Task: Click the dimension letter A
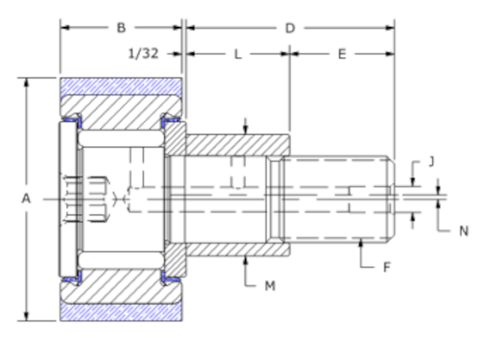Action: click(26, 199)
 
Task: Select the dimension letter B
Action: click(121, 28)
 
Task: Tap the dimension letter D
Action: click(289, 28)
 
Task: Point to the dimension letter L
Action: click(238, 54)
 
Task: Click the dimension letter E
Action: click(342, 54)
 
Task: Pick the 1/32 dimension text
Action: click(144, 54)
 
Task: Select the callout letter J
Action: click(431, 160)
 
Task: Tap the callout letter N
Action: click(463, 231)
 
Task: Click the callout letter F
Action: click(387, 266)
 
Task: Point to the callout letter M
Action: click(270, 286)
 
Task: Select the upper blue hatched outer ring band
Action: click(120, 85)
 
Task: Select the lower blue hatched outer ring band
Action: click(120, 312)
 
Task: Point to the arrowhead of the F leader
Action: click(361, 241)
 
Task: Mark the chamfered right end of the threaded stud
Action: click(391, 199)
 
